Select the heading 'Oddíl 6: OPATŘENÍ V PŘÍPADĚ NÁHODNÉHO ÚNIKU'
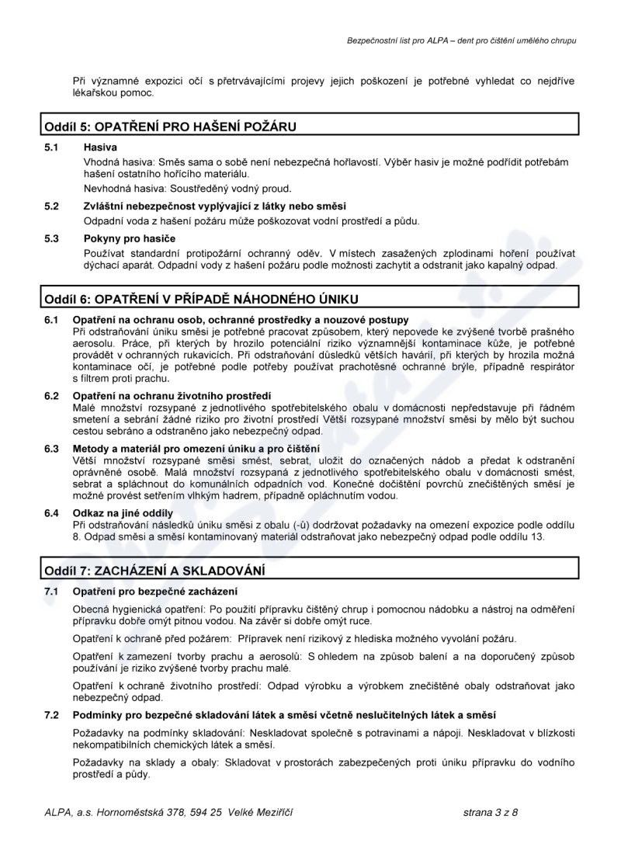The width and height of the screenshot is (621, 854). tap(200, 299)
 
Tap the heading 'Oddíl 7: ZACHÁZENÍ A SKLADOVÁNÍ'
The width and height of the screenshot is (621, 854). tap(154, 571)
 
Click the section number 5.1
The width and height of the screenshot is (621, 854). tap(52, 146)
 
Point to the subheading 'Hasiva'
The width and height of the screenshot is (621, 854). tap(100, 146)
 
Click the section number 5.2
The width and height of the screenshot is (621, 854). tap(52, 206)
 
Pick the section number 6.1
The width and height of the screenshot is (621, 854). tap(52, 320)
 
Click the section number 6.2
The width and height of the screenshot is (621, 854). tap(52, 396)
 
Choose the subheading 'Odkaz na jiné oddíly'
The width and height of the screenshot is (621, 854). tap(123, 513)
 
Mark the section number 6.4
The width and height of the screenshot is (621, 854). tap(52, 513)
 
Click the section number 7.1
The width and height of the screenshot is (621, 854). tap(52, 592)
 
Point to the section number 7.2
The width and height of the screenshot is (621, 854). tap(52, 714)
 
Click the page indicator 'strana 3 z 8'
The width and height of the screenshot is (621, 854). tap(490, 812)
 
